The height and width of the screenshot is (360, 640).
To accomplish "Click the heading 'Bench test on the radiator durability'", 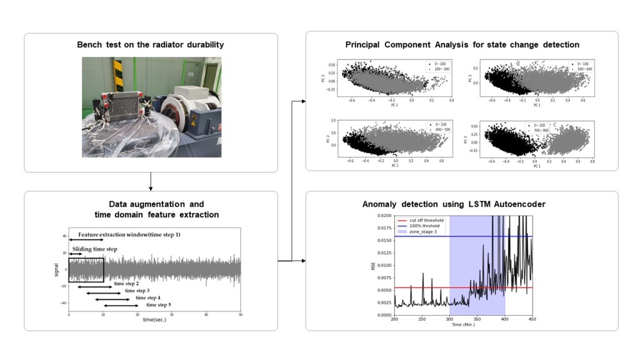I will click(x=150, y=45).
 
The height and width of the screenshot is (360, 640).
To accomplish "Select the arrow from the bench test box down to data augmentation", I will click(x=150, y=181).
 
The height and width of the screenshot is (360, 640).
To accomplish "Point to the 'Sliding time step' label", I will click(x=94, y=249).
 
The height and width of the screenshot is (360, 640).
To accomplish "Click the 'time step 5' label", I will click(x=159, y=305).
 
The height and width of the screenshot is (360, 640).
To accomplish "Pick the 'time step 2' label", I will click(x=126, y=284).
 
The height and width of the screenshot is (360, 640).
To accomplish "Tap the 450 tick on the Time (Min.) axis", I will click(x=531, y=319).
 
